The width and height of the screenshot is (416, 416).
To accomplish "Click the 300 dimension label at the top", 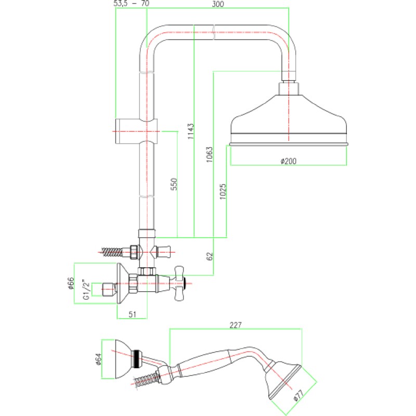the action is [218, 4].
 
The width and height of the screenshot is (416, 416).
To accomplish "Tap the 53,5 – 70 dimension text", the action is [132, 4].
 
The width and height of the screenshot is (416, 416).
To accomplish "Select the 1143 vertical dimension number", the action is [191, 131].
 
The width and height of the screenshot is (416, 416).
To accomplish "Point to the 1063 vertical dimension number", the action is [210, 154].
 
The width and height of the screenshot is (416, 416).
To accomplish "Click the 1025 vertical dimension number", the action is [223, 191].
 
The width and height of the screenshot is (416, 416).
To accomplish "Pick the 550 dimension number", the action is [174, 184].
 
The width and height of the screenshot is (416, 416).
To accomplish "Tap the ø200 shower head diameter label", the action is [289, 161].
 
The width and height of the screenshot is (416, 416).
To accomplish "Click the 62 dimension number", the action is [210, 256].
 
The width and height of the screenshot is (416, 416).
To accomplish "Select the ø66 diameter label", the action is [71, 283].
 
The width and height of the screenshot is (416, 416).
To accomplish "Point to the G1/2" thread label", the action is [86, 289].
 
